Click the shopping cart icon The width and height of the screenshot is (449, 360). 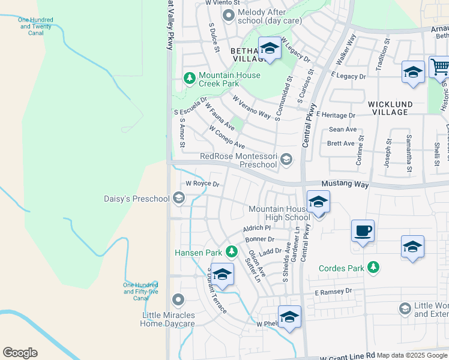440,67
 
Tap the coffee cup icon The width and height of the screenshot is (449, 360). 363,230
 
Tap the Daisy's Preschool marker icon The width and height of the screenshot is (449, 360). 178,197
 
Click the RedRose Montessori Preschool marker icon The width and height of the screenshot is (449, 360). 286,159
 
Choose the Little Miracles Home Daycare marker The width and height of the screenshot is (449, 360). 178,299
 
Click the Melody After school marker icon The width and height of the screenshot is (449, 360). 228,15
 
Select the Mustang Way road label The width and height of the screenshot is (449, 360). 345,184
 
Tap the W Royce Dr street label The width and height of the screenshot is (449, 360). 202,184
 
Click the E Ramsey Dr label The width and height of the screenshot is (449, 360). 333,292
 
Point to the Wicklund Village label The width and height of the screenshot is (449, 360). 390,108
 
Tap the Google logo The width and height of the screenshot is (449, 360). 20,353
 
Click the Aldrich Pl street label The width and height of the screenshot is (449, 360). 257,229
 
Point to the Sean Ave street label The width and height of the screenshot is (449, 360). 343,130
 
